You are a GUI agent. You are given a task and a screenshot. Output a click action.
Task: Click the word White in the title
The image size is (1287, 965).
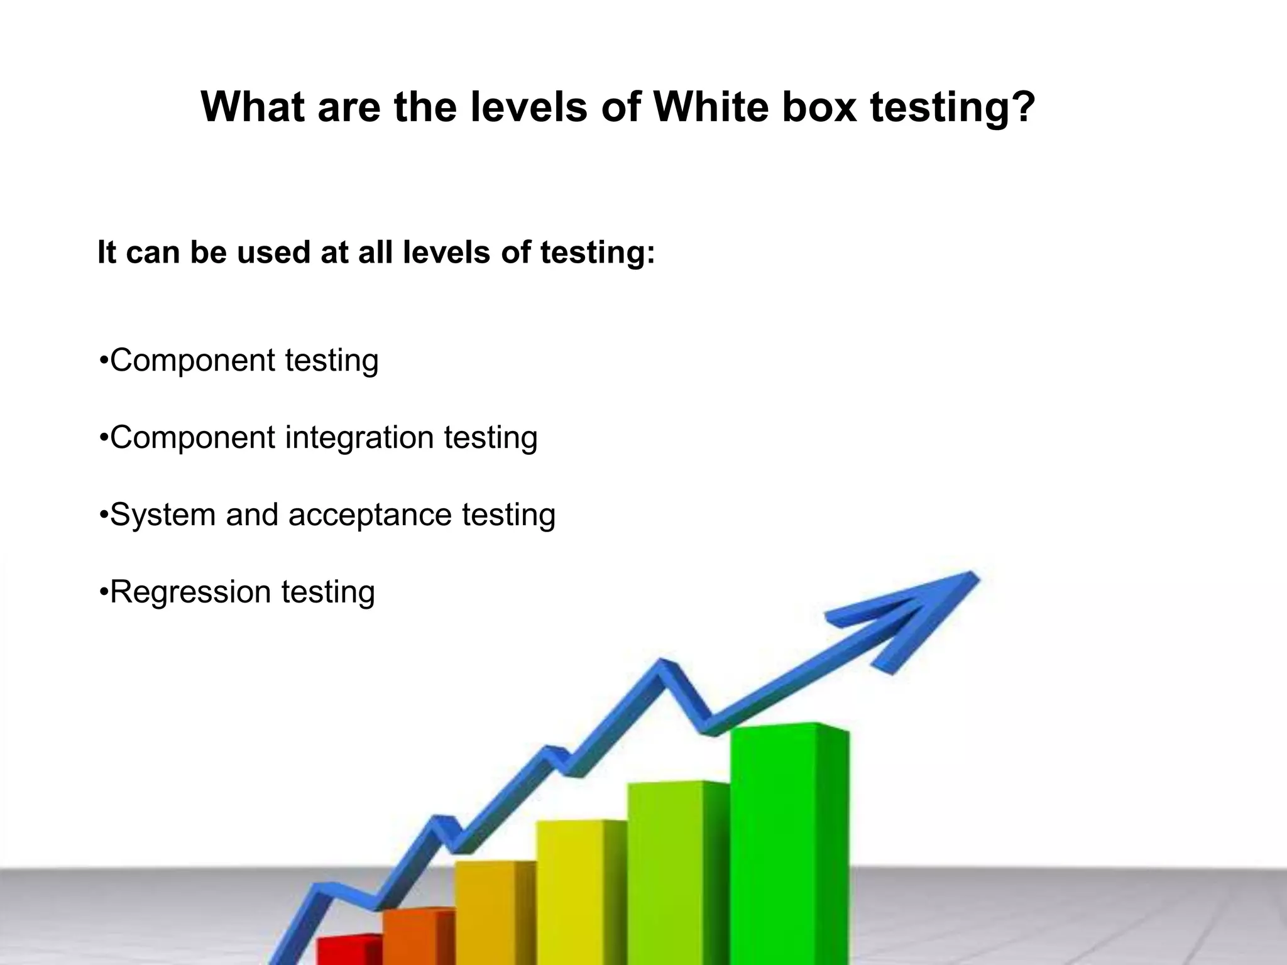[x=711, y=107]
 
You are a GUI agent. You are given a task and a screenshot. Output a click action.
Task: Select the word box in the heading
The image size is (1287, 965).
[x=819, y=107]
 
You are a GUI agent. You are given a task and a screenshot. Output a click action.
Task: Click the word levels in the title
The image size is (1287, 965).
[x=528, y=107]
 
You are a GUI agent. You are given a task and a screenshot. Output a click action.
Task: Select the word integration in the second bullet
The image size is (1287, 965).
[x=359, y=437]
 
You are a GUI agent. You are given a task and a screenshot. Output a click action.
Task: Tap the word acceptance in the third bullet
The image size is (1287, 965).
[x=370, y=515]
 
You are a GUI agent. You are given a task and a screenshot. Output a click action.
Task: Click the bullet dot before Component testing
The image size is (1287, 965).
[x=103, y=361]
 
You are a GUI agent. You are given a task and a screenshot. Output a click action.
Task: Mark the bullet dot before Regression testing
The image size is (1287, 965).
[x=103, y=592]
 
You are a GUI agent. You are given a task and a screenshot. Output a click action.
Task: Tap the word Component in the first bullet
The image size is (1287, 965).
[x=192, y=361]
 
